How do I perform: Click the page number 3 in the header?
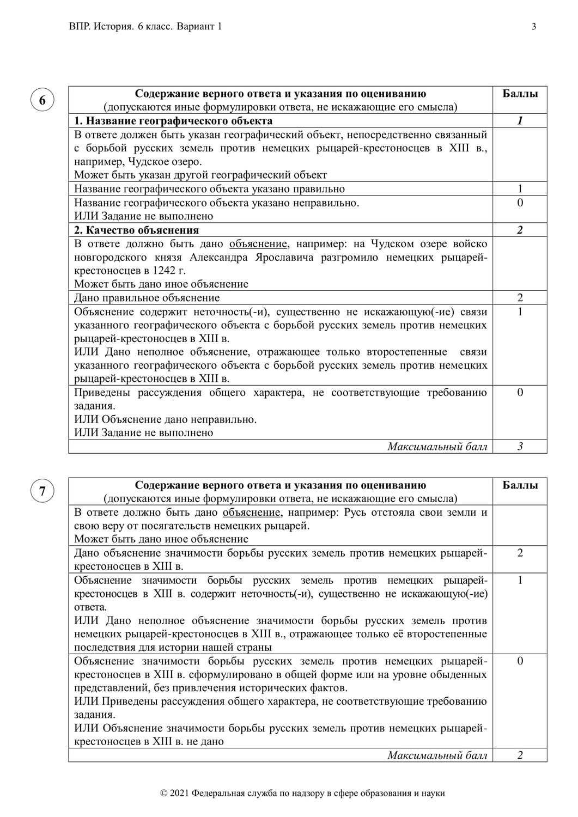coord(534,27)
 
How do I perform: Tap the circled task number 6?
coord(42,100)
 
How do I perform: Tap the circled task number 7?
coord(42,491)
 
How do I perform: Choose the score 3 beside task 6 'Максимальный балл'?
coord(520,447)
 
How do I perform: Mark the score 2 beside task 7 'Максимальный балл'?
coord(520,755)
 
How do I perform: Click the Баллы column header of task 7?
coord(520,485)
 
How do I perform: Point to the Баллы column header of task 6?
coord(520,94)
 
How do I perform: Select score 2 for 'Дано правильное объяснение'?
coord(520,298)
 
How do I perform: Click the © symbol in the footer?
coord(164,794)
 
